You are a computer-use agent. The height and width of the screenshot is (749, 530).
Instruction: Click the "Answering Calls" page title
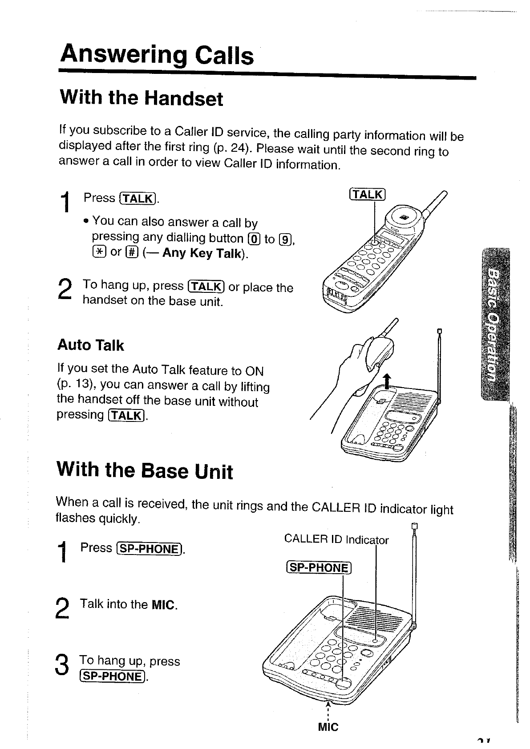(x=157, y=55)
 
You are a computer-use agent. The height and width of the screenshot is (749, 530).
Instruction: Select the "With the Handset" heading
(x=141, y=98)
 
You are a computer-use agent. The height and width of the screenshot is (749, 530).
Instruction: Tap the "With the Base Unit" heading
(x=145, y=470)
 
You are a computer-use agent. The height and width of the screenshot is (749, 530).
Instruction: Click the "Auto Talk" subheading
(x=90, y=345)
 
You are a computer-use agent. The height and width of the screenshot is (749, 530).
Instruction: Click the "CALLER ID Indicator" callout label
(x=336, y=540)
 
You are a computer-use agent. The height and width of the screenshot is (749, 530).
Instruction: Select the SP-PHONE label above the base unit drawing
(x=318, y=567)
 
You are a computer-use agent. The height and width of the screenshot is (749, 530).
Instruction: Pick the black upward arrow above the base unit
(x=387, y=381)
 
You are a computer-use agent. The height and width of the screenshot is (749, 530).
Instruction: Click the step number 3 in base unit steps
(x=63, y=666)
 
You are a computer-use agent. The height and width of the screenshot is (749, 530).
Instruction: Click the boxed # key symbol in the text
(x=131, y=252)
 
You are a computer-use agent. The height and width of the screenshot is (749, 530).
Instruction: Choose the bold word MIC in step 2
(x=164, y=605)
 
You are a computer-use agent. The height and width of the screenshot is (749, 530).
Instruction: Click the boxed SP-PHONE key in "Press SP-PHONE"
(x=149, y=549)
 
